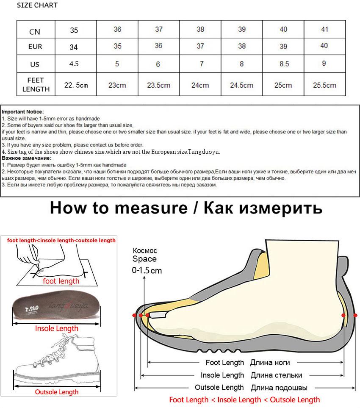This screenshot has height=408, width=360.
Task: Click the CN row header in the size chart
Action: click(35, 31)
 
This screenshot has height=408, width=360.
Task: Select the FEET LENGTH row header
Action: click(36, 84)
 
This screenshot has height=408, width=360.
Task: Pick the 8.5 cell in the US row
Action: click(284, 64)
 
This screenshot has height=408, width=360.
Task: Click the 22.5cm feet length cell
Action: click(76, 85)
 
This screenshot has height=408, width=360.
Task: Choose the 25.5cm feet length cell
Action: click(324, 85)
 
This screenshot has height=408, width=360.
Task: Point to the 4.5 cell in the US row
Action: click(74, 64)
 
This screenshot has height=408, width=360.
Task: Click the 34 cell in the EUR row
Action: click(74, 47)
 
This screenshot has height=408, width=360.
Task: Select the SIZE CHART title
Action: click(37, 5)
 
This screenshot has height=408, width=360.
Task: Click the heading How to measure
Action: click(119, 208)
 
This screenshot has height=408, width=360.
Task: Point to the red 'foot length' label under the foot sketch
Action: click(61, 281)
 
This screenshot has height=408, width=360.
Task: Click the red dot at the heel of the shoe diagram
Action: click(343, 315)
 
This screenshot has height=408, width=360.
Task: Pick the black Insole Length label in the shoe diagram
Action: click(222, 375)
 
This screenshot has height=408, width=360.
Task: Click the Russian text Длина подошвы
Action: click(279, 387)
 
